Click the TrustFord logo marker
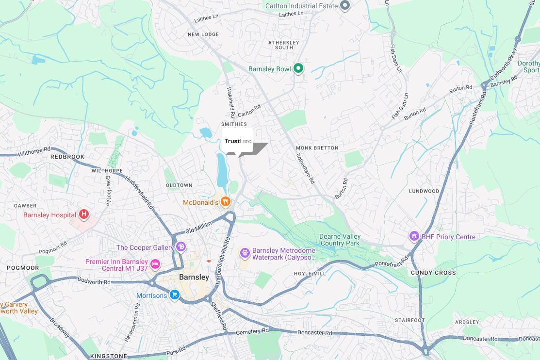tap(238, 141)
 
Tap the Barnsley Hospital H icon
tap(84, 213)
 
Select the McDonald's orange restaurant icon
tap(225, 201)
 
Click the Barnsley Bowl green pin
tap(298, 68)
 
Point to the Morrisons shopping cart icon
tap(175, 295)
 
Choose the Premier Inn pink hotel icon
tap(155, 264)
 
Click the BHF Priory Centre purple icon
tap(414, 236)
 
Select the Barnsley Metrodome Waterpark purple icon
tap(245, 252)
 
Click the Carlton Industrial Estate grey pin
tap(345, 6)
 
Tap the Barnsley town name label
tap(194, 278)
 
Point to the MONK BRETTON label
tap(317, 147)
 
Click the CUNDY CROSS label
tap(433, 273)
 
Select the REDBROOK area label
tap(67, 157)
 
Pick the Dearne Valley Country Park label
tap(340, 240)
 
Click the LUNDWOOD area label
tap(424, 191)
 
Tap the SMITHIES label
tap(234, 124)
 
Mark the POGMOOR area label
tap(23, 268)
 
